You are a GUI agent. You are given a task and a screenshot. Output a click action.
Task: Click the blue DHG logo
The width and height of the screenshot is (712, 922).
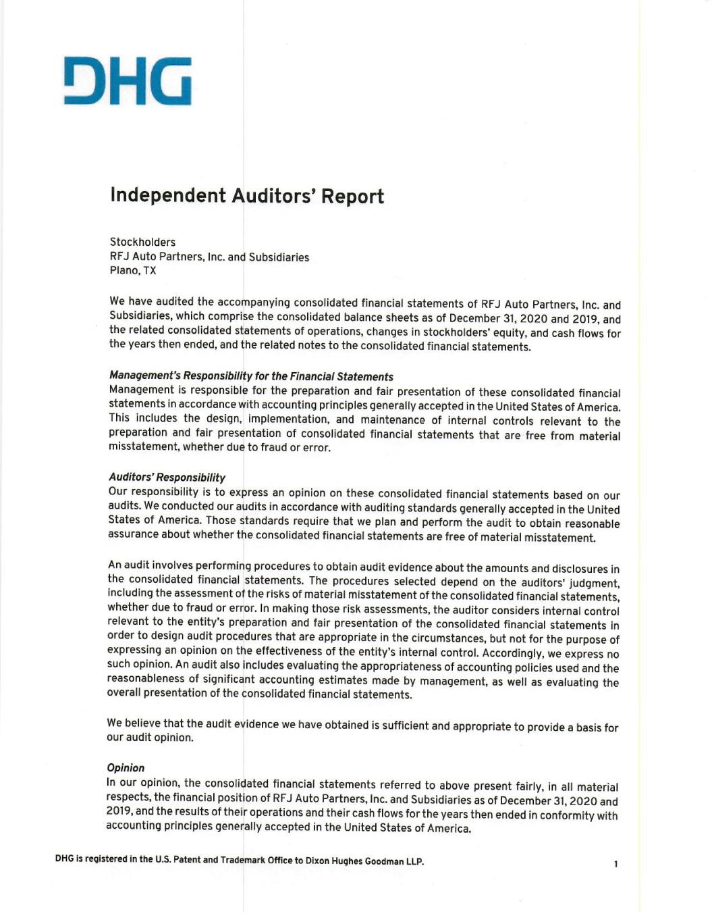(128, 81)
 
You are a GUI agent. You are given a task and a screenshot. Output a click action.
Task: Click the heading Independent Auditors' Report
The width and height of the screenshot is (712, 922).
(247, 196)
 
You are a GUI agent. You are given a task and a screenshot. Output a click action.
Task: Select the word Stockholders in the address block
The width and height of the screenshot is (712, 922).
(142, 242)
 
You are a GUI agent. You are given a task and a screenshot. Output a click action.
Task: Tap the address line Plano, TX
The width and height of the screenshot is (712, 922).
(133, 271)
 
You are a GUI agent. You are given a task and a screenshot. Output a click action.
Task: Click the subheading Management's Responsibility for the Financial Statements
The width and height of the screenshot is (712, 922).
(251, 376)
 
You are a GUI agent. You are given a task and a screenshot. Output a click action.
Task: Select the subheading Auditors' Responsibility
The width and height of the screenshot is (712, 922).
(167, 478)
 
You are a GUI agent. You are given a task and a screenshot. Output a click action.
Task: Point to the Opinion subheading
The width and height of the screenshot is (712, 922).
(126, 768)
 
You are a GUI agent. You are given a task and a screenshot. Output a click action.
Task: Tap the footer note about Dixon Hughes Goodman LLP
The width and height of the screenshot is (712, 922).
(240, 861)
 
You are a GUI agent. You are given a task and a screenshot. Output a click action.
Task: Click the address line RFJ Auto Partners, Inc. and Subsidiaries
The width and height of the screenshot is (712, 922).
(209, 257)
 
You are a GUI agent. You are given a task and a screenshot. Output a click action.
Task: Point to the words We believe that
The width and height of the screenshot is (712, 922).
(144, 723)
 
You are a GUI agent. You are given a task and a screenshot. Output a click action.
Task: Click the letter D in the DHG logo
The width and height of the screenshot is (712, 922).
(80, 81)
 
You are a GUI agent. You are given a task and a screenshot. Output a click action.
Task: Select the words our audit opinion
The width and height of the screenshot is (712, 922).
(150, 738)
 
